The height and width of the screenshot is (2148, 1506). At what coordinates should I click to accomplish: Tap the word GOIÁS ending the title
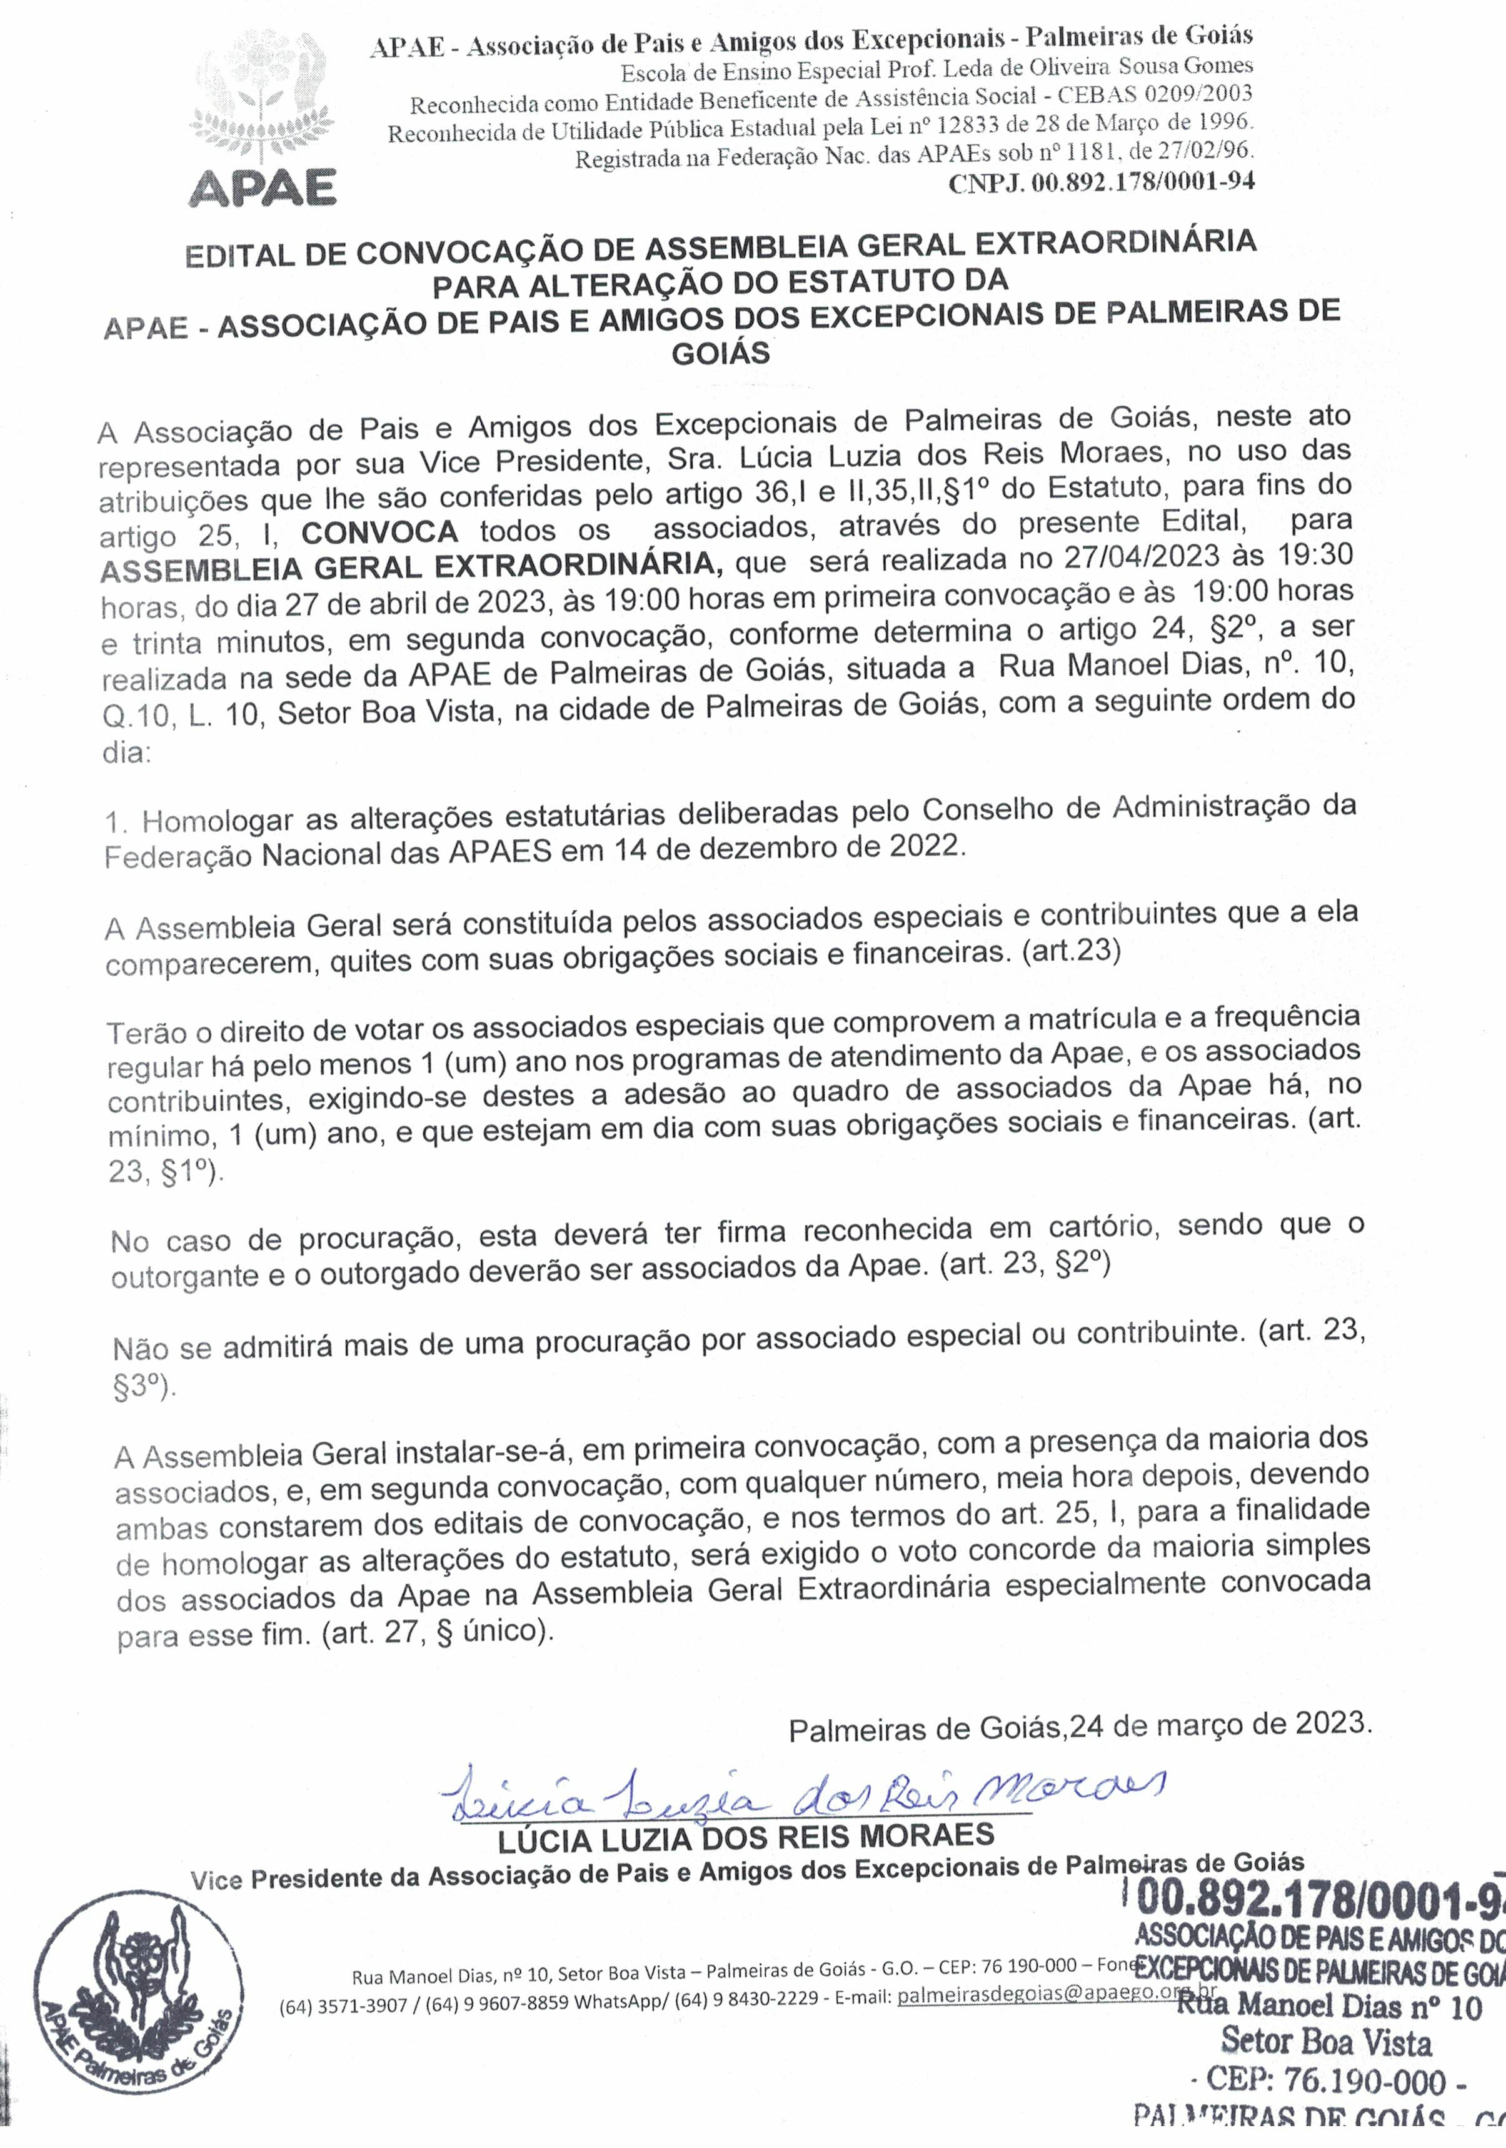pos(721,354)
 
